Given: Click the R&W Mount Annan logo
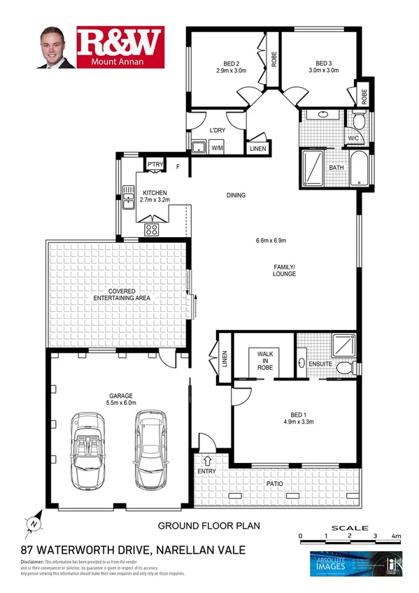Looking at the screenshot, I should (x=120, y=48).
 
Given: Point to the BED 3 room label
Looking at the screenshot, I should (x=325, y=66).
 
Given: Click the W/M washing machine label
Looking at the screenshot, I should (x=217, y=148).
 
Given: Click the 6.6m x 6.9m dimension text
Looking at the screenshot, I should (x=271, y=241).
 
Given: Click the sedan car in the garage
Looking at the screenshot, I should (x=152, y=448).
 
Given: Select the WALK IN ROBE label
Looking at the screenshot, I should (x=264, y=359).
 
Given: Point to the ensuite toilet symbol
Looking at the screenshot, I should (x=343, y=368).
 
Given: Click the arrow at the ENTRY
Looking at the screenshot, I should (x=208, y=459).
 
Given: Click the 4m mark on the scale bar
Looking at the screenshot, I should (x=397, y=536).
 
